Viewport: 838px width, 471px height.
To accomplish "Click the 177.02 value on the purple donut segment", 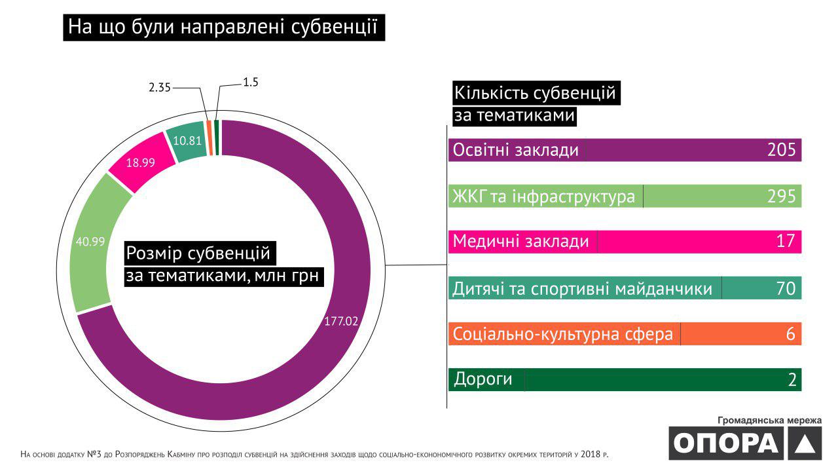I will pyautogui.click(x=341, y=322).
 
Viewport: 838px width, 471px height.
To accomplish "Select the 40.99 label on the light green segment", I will pyautogui.click(x=90, y=241).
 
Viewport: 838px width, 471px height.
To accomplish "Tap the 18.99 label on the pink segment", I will pyautogui.click(x=140, y=163).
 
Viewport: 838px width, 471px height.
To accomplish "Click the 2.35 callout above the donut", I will pyautogui.click(x=159, y=87).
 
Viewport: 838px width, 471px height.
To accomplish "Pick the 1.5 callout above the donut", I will pyautogui.click(x=251, y=83).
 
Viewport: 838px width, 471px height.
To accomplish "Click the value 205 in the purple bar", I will pyautogui.click(x=781, y=150).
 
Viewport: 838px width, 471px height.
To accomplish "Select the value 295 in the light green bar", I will pyautogui.click(x=781, y=197).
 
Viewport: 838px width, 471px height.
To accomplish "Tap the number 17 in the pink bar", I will pyautogui.click(x=786, y=242).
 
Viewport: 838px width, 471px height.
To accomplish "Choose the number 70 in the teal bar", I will pyautogui.click(x=786, y=288).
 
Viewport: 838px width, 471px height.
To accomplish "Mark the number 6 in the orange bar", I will pyautogui.click(x=791, y=334).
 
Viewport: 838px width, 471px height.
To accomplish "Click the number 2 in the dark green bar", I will pyautogui.click(x=792, y=380).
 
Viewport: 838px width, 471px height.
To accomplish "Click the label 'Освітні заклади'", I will pyautogui.click(x=516, y=150).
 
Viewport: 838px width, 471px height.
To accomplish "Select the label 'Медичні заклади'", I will pyautogui.click(x=521, y=242).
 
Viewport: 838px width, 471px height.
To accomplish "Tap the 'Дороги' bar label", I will pyautogui.click(x=483, y=379).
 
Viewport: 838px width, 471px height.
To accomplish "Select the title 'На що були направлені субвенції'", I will pyautogui.click(x=223, y=28).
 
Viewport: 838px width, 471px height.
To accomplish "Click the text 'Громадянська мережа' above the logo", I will pyautogui.click(x=769, y=420).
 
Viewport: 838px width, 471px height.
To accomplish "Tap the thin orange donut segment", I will pyautogui.click(x=209, y=137).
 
